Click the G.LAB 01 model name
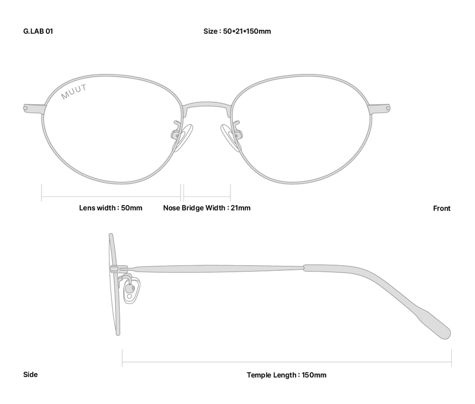pos(38,32)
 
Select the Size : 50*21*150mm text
pos(237,32)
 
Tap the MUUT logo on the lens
pos(74,92)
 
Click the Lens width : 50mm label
pos(110,208)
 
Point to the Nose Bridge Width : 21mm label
pos(207,208)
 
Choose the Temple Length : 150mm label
pos(286,375)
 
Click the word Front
pos(441,209)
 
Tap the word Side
pos(30,375)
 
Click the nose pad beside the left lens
pos(183,138)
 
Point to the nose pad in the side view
pos(131,290)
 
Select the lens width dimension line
pos(111,196)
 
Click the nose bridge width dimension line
pos(207,196)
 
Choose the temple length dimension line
pos(287,363)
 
